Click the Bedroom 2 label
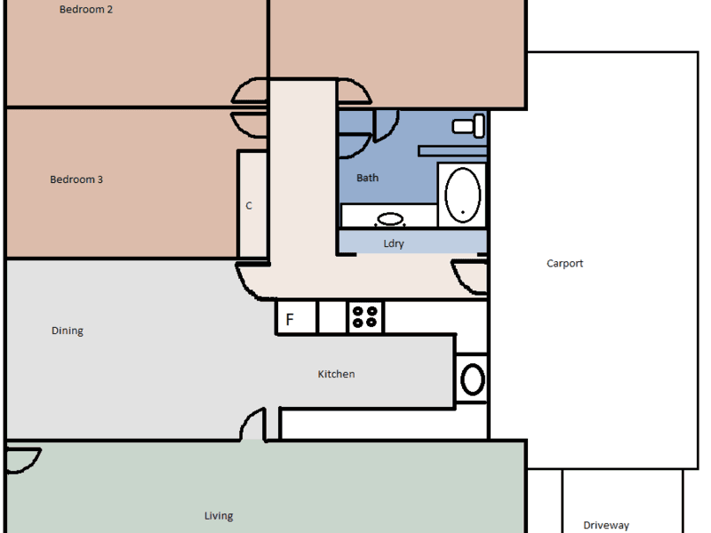click(85, 10)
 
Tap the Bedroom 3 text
click(76, 179)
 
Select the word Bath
click(367, 179)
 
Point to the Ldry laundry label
click(394, 243)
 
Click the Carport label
click(564, 264)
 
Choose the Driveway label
click(606, 525)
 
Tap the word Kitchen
click(336, 374)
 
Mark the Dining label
click(68, 330)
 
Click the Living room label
click(219, 516)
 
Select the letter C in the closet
click(249, 206)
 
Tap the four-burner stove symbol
click(365, 317)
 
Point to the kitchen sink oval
click(473, 379)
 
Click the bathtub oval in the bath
click(462, 195)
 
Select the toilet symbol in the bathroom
click(468, 125)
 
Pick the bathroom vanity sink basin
click(390, 219)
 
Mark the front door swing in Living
click(24, 461)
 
